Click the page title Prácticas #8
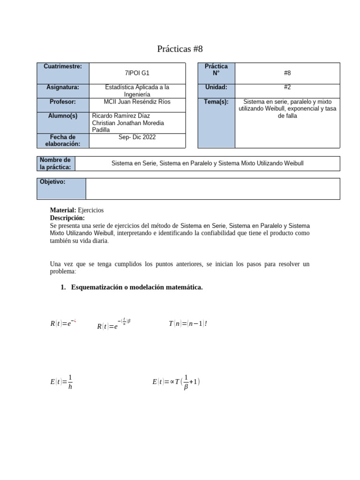click(x=180, y=49)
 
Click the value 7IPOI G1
click(x=137, y=73)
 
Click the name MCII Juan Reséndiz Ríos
click(x=137, y=102)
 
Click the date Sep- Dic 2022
click(x=137, y=137)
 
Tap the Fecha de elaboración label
click(x=63, y=141)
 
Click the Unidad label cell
click(x=216, y=87)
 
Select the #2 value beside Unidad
click(x=287, y=87)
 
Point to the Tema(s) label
click(x=216, y=102)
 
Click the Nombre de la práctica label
click(x=55, y=164)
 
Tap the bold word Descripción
click(x=67, y=218)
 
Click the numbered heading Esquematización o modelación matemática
click(x=136, y=287)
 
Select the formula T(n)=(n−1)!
click(x=187, y=323)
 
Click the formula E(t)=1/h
click(x=61, y=382)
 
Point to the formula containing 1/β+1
click(x=176, y=382)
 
